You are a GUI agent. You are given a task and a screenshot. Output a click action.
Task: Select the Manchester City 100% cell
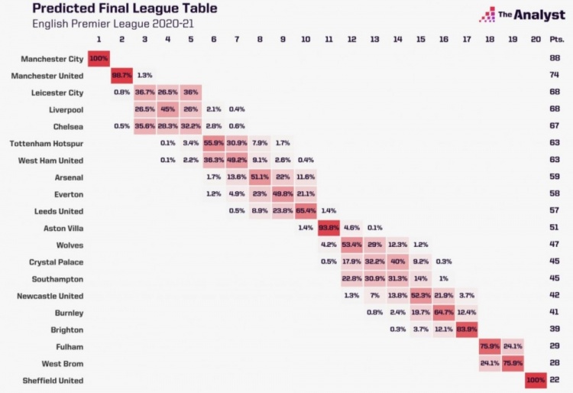click(99, 58)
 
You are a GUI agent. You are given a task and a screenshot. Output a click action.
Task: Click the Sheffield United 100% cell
click(537, 380)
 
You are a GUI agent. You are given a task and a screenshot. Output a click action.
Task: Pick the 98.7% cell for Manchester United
click(122, 75)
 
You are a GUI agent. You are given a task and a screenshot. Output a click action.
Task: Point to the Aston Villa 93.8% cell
click(329, 228)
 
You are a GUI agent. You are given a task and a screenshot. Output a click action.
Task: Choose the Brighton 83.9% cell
click(467, 329)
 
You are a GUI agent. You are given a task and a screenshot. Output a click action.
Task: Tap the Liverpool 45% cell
click(168, 109)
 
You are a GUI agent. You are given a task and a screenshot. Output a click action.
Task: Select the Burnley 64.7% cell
click(444, 312)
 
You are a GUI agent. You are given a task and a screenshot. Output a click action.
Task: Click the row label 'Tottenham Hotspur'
click(47, 143)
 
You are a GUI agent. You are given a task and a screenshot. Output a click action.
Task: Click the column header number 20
click(536, 39)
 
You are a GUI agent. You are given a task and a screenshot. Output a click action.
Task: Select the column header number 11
click(329, 39)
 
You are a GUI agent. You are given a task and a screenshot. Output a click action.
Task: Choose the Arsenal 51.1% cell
click(260, 177)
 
